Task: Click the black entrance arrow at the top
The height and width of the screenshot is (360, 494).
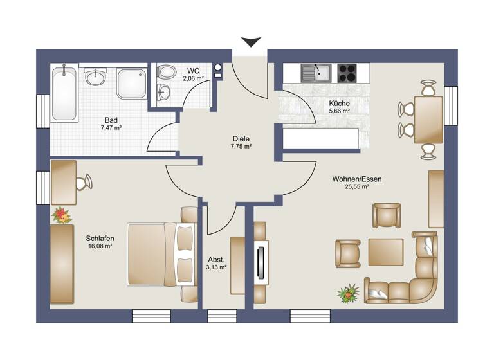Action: tap(250, 42)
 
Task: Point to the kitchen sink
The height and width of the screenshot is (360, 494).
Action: tap(315, 73)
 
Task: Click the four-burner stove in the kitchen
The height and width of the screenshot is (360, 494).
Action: tap(347, 73)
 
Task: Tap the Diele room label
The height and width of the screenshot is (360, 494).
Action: tap(241, 138)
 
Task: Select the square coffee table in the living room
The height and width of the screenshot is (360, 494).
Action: tap(385, 252)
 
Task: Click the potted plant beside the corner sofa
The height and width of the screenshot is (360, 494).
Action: tap(347, 294)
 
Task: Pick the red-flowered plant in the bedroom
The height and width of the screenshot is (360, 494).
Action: tap(61, 214)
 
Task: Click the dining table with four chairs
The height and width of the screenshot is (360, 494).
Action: tap(428, 120)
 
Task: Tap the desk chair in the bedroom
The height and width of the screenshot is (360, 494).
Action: tap(84, 183)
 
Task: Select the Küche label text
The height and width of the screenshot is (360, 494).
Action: tap(339, 103)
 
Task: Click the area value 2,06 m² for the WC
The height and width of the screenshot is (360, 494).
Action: tap(192, 78)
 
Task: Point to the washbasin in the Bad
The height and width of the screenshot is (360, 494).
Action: tap(96, 78)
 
